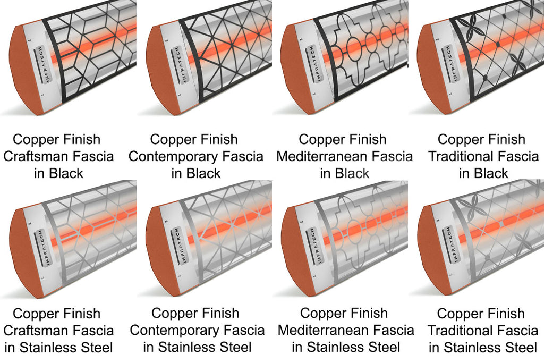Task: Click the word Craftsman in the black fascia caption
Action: (x=32, y=157)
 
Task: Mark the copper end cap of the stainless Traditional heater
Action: (x=430, y=250)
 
